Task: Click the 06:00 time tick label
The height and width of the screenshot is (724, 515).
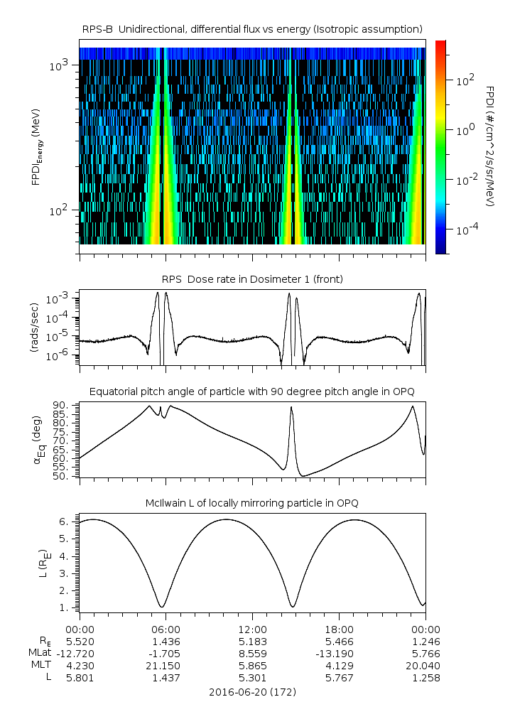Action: [166, 629]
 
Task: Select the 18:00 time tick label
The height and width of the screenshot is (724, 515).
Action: [339, 629]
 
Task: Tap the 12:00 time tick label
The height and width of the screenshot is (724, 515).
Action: [252, 629]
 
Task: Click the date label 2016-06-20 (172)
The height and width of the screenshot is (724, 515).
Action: [252, 691]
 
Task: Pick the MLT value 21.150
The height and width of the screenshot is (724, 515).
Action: [166, 666]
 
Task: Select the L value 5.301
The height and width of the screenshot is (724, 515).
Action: [252, 678]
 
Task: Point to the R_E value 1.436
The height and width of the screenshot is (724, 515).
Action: [166, 641]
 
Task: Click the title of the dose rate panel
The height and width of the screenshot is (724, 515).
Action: [252, 279]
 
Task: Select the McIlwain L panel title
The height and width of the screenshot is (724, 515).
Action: [252, 503]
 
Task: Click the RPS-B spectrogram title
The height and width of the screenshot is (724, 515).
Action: [252, 28]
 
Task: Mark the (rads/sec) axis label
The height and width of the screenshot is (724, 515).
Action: [33, 328]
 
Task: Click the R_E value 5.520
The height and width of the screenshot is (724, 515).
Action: [80, 641]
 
